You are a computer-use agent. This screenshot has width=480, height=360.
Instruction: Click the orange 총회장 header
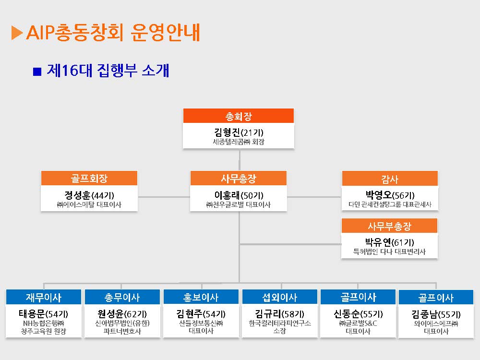pyautogui.click(x=239, y=116)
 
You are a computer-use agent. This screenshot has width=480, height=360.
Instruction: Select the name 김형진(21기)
pyautogui.click(x=239, y=132)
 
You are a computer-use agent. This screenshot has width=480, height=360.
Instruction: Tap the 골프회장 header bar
pyautogui.click(x=89, y=178)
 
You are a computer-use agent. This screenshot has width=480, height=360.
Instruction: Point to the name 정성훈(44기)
pyautogui.click(x=89, y=195)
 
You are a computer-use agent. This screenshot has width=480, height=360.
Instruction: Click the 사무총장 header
pyautogui.click(x=239, y=178)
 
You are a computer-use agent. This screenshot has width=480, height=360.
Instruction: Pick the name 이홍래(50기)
pyautogui.click(x=239, y=195)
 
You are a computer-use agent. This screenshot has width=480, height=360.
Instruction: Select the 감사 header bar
pyautogui.click(x=390, y=179)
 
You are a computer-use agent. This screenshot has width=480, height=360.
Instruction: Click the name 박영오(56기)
pyautogui.click(x=390, y=195)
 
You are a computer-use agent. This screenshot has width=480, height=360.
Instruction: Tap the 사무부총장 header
pyautogui.click(x=389, y=226)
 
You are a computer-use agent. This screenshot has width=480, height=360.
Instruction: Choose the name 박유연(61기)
pyautogui.click(x=389, y=242)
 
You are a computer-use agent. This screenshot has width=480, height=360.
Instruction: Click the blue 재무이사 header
pyautogui.click(x=44, y=297)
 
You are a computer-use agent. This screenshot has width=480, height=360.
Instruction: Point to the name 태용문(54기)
pyautogui.click(x=44, y=314)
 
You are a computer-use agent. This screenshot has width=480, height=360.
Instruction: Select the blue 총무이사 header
pyautogui.click(x=122, y=297)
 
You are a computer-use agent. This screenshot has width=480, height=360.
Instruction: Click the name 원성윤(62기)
pyautogui.click(x=122, y=314)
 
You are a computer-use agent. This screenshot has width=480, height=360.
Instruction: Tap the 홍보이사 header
pyautogui.click(x=201, y=297)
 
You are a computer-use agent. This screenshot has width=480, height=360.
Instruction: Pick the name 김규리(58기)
pyautogui.click(x=279, y=314)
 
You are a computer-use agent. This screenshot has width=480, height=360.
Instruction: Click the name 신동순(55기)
pyautogui.click(x=358, y=314)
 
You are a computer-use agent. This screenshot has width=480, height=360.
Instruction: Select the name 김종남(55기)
pyautogui.click(x=436, y=314)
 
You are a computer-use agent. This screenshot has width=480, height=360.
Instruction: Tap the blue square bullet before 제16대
pyautogui.click(x=37, y=72)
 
